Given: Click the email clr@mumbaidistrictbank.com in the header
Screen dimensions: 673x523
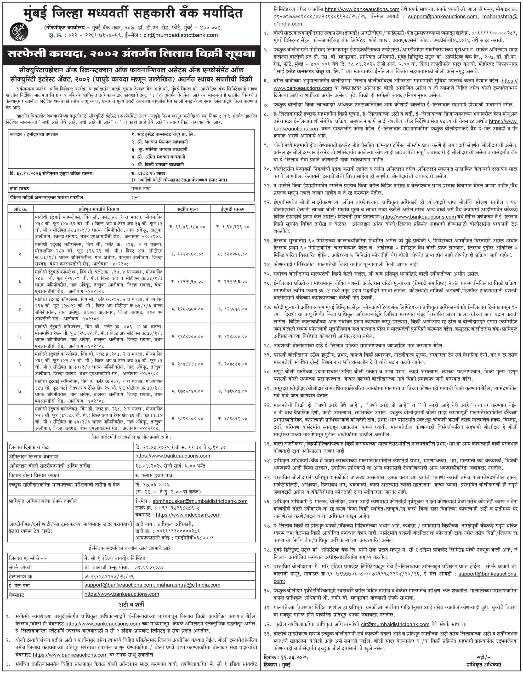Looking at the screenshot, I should point(181,35).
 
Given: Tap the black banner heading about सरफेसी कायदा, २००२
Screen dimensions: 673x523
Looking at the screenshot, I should point(132,54).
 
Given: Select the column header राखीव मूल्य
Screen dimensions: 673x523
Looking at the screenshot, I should point(187,209).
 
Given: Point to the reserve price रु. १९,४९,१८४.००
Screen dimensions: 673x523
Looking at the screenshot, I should point(187,227).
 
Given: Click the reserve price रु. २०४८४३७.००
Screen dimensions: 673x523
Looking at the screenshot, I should point(187,364).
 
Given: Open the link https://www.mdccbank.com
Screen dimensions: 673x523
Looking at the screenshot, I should point(188,515).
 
